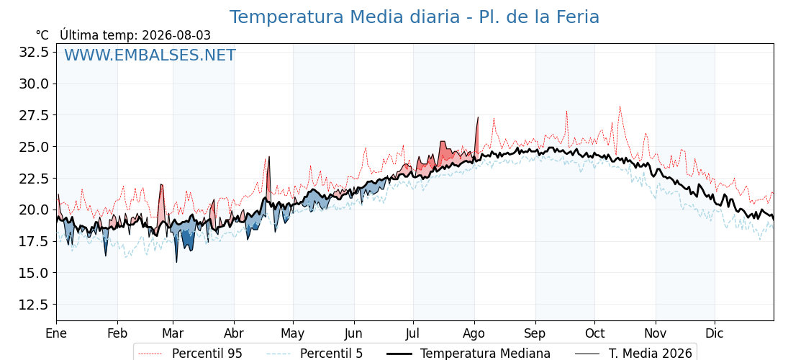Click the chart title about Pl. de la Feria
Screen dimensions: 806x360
pos(414,17)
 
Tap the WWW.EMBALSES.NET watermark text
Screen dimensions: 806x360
pos(150,55)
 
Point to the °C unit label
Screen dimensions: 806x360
pos(42,35)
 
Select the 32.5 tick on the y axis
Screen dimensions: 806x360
pos(33,52)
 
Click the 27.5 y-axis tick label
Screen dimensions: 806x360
pos(33,115)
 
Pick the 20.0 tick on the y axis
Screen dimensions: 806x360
pos(33,210)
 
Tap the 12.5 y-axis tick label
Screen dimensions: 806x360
pos(33,305)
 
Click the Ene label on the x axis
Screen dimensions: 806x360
pos(57,333)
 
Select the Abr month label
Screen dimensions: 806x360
pos(234,333)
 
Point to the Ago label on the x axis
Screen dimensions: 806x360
pos(474,333)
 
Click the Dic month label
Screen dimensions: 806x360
pos(714,333)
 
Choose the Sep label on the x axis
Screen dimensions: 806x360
pos(535,333)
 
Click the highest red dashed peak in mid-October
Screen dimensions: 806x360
pos(620,107)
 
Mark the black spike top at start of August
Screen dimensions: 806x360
pos(478,117)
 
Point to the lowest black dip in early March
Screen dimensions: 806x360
pos(176,262)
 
